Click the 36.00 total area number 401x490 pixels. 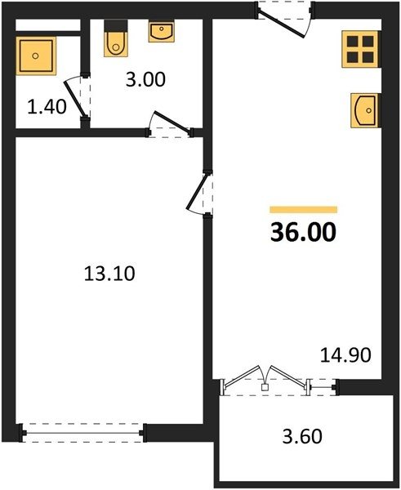303,232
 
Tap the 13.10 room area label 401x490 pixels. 109,274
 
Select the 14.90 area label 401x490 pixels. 345,355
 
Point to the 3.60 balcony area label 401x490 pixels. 302,436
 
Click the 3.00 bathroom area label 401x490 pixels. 145,79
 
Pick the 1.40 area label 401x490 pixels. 47,106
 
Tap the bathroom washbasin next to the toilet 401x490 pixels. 161,32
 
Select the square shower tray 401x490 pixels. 36,56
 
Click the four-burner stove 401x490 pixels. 361,49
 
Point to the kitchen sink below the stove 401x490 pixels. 365,110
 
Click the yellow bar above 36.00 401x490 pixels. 304,210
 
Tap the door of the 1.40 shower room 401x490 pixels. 78,97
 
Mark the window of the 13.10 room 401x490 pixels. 83,433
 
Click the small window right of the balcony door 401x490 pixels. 323,387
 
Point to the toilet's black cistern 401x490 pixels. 116,25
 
